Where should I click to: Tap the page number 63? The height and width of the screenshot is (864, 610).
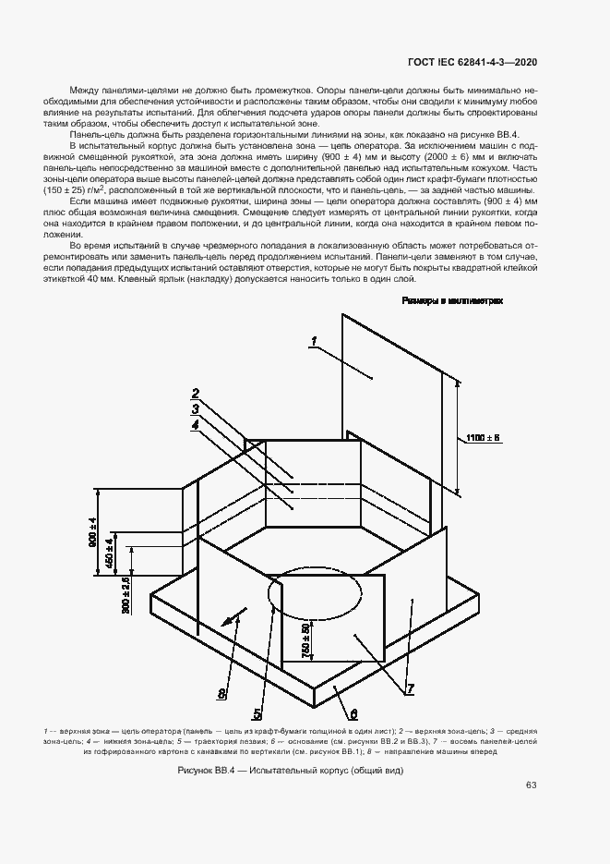pos(532,785)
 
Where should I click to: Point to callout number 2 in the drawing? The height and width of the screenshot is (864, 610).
pos(197,392)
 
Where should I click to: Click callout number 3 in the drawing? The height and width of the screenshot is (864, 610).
pos(197,408)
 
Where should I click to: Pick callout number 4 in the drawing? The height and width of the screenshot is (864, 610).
pos(196,425)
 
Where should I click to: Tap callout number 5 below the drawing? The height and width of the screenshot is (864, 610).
pos(257,712)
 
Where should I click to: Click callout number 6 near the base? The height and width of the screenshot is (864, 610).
pos(353,713)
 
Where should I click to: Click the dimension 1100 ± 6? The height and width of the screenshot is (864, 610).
pos(483,436)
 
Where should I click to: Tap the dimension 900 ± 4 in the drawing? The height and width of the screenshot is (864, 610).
pos(93,533)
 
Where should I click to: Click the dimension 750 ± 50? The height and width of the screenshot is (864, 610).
pos(305,639)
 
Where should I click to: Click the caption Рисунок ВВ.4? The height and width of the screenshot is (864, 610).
pos(305,770)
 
